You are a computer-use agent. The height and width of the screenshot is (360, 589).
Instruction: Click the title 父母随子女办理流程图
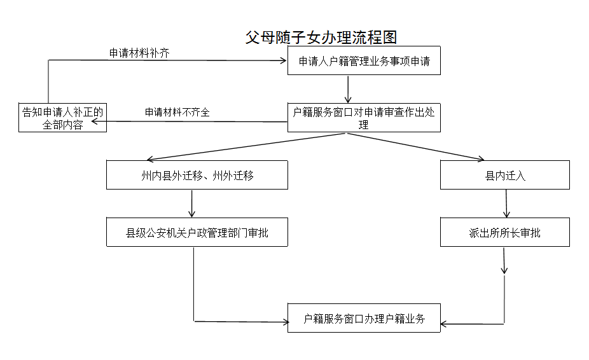[321, 38]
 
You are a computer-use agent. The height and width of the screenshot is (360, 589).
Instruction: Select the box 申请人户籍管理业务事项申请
[364, 62]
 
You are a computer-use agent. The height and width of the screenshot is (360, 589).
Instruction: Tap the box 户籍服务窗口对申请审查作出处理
[364, 118]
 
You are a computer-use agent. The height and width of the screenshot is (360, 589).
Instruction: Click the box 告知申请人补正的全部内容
[62, 118]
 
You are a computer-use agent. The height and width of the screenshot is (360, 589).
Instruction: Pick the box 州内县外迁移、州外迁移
[197, 175]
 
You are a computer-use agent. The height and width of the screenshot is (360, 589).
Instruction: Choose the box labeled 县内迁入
[505, 175]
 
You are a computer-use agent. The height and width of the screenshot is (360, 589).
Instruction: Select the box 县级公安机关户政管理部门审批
[197, 233]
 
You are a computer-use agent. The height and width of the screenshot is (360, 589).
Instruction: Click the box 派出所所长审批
[505, 233]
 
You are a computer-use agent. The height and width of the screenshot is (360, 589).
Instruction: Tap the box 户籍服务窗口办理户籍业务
[364, 319]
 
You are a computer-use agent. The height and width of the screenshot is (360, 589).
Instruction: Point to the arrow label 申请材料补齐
[139, 53]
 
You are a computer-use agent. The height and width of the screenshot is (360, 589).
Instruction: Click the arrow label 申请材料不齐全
[177, 112]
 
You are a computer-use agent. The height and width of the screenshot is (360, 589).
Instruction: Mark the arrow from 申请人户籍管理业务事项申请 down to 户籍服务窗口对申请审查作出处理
[348, 89]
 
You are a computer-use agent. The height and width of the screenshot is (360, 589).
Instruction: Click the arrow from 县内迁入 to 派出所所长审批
[506, 204]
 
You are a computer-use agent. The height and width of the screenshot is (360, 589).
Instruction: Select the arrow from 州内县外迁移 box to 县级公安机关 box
[191, 204]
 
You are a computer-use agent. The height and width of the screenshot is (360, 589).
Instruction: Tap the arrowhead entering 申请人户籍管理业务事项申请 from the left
[283, 61]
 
